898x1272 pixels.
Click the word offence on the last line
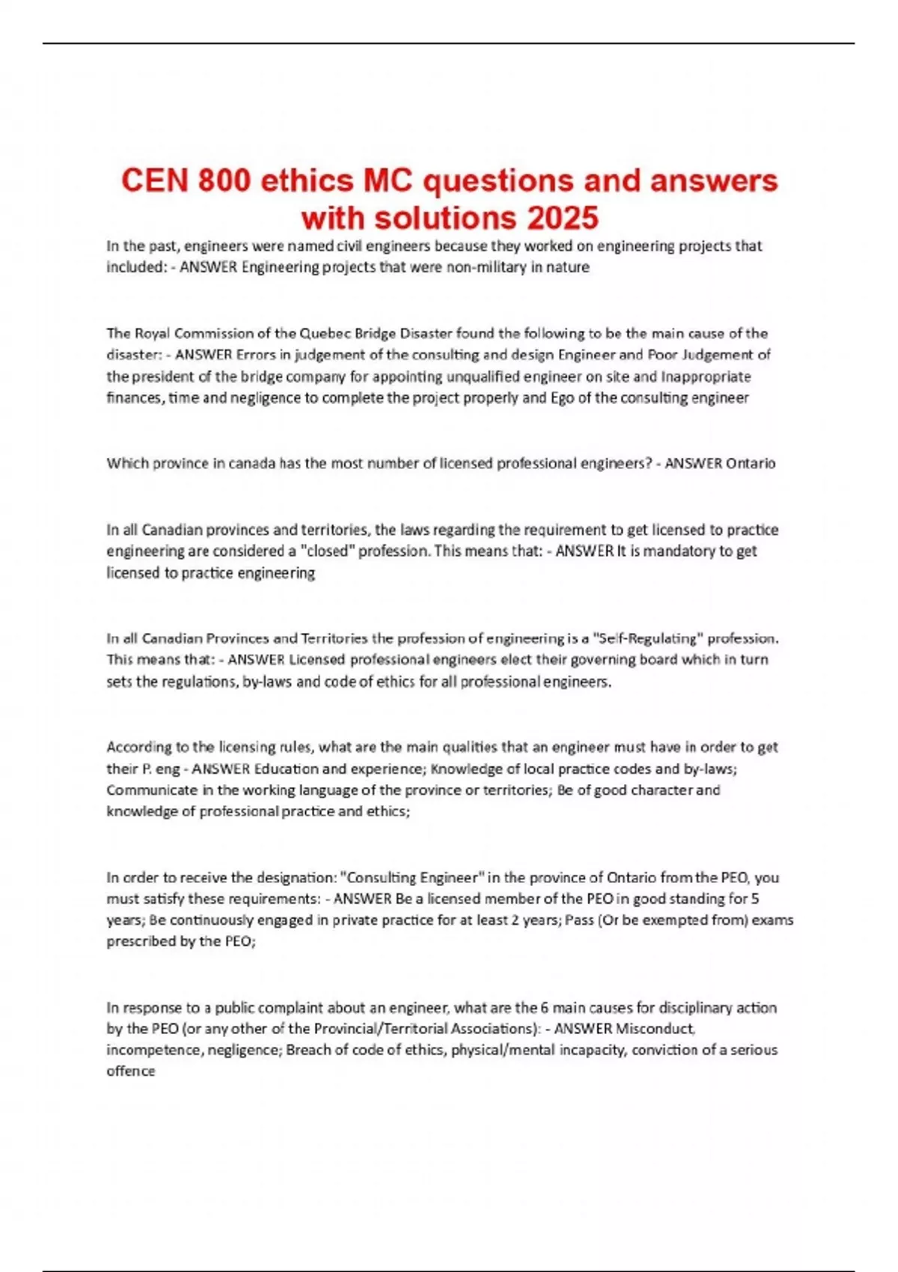[x=130, y=1071]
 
